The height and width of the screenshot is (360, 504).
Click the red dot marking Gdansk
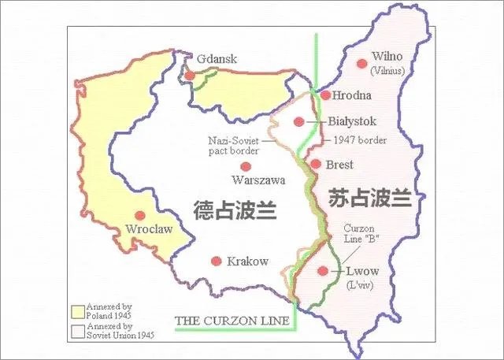(x=190, y=76)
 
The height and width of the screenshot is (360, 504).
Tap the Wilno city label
(x=386, y=57)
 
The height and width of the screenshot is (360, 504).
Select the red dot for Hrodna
(x=326, y=95)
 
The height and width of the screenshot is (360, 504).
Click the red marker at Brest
(x=315, y=165)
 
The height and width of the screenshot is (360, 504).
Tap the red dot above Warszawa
(x=246, y=166)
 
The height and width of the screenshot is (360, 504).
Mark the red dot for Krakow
(x=217, y=261)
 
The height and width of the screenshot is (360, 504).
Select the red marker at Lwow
(x=322, y=271)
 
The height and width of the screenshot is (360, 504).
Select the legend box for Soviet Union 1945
(x=77, y=331)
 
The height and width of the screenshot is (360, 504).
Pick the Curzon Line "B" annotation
(x=363, y=235)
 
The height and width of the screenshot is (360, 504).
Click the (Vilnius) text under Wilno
(x=387, y=71)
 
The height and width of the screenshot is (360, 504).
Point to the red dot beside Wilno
(x=362, y=63)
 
